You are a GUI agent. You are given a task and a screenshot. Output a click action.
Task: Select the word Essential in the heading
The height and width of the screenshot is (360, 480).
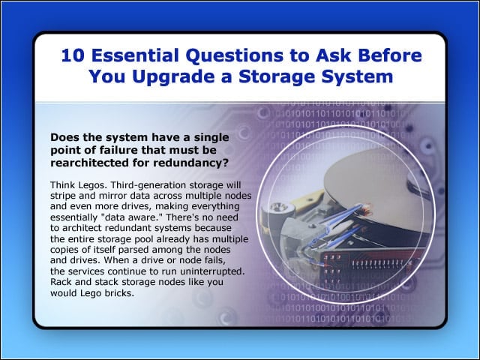point(135,55)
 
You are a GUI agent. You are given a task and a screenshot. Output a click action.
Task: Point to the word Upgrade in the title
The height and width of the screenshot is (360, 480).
point(173,77)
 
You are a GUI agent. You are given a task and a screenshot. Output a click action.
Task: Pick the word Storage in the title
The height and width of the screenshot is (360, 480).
point(277,77)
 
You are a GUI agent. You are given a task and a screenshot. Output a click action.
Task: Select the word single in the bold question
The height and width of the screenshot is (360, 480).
point(211,138)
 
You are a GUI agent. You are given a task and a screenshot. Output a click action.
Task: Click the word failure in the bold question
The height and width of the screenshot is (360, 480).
point(118,150)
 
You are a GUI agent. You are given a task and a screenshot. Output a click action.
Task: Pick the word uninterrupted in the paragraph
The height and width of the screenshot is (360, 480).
point(211,271)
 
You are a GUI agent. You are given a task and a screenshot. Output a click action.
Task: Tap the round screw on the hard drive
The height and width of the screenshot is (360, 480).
point(279,208)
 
